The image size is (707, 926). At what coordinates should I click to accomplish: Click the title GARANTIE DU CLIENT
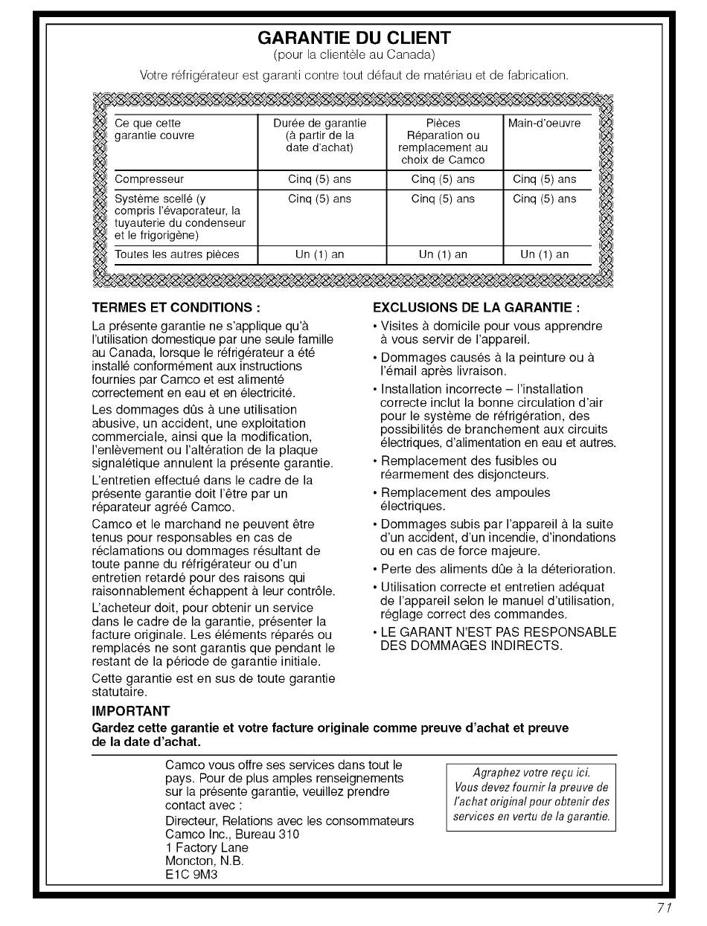353,38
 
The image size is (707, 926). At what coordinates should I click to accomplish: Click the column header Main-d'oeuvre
544,123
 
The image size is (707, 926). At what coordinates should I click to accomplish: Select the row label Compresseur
150,179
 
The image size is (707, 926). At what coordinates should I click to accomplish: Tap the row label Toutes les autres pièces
177,254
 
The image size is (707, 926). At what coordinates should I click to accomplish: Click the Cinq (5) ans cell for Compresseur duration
320,179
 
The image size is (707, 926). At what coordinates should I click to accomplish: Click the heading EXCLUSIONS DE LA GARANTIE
476,308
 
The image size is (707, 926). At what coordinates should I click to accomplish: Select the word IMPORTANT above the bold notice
130,711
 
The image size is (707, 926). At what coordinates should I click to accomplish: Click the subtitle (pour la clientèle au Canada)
353,55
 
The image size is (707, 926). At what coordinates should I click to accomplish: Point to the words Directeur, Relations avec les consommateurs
289,820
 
